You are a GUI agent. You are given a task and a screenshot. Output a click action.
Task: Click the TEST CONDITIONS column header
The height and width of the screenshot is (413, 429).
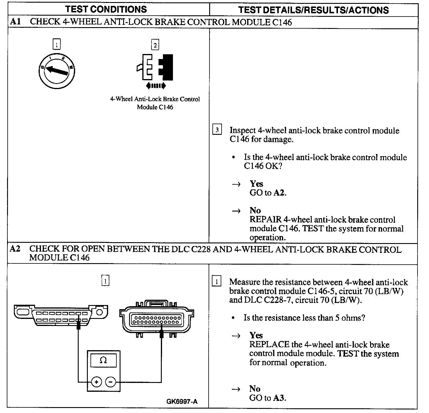pos(106,9)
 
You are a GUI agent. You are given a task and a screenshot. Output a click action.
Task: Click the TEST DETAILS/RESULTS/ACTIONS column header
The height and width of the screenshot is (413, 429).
pos(313,10)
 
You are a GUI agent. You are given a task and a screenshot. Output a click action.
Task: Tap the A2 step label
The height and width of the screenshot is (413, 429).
pos(15,249)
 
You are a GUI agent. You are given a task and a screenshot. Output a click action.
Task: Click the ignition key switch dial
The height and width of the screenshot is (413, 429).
pos(57,71)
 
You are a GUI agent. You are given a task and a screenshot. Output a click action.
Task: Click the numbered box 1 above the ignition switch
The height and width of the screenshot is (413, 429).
pos(56,45)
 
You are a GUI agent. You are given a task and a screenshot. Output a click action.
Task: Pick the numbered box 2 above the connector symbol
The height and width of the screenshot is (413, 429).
pos(155,45)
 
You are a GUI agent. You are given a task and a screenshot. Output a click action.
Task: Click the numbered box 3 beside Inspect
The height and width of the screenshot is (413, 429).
pos(217,130)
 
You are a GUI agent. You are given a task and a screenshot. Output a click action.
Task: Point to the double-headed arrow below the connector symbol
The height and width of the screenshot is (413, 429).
pos(156,86)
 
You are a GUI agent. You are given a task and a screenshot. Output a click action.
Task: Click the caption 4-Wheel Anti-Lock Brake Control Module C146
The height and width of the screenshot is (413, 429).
pos(155,103)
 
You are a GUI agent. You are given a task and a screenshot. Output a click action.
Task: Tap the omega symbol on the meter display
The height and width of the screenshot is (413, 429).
pos(103,360)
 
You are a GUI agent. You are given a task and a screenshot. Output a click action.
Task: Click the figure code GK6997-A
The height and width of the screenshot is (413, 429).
pos(182,401)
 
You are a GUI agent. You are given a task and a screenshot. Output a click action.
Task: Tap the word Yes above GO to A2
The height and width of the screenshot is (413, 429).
pos(256,184)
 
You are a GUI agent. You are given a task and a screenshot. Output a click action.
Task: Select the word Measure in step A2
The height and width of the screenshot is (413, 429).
pos(246,282)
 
